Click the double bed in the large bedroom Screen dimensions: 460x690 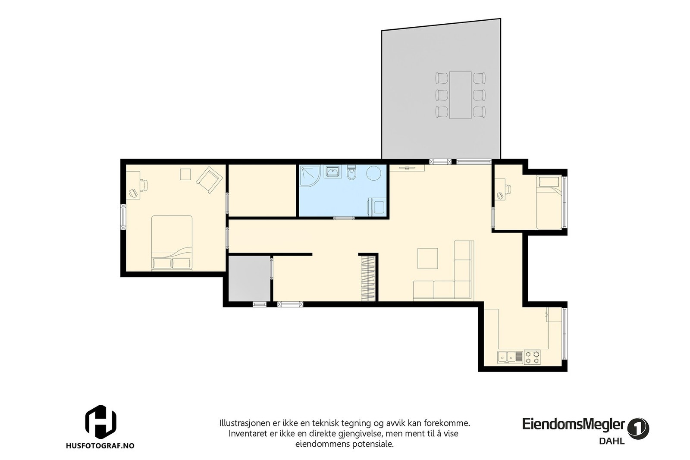coord(172,242)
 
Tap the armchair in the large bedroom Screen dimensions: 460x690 coord(209,180)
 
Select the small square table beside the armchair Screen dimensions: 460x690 coord(185,174)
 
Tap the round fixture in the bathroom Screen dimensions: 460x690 coord(374,174)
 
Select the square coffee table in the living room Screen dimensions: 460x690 coord(427,259)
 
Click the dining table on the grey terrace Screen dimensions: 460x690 coord(460,95)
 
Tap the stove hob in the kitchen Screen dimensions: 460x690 coord(532,357)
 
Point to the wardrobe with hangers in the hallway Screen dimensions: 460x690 coord(368,278)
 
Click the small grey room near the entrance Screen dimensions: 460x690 coord(249,279)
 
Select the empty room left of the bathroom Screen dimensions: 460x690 coord(262,190)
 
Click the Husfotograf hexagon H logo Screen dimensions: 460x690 coord(100,421)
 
